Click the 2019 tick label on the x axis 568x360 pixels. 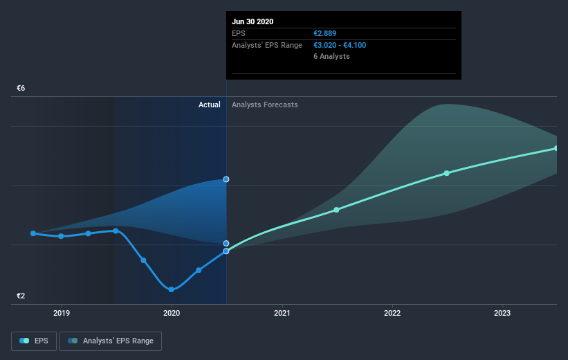[62, 314]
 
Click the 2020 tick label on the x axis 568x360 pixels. [172, 314]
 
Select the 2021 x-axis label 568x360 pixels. [282, 314]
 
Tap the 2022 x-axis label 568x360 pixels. [392, 314]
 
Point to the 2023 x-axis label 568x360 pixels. [502, 314]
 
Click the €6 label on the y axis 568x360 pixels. [21, 89]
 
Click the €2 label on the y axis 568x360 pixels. [21, 296]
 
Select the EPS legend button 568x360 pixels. [34, 341]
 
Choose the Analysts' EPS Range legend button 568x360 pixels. [111, 341]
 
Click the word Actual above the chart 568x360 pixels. [209, 105]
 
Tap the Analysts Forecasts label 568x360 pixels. [265, 105]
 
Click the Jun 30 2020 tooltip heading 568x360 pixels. [253, 21]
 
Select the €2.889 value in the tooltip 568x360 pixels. [325, 33]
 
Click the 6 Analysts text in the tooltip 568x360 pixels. [331, 56]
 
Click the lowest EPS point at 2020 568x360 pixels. [171, 289]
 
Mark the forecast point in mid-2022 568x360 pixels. [447, 173]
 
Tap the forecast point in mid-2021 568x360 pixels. [336, 209]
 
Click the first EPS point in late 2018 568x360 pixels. [33, 233]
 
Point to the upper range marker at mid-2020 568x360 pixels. [226, 179]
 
